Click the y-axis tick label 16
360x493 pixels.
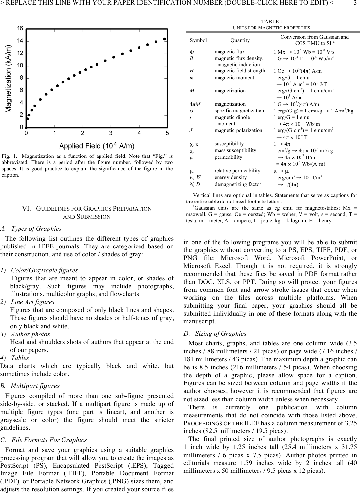20,29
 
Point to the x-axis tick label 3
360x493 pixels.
111,133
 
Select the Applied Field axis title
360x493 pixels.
97,146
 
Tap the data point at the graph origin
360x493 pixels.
26,127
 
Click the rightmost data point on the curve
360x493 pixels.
164,39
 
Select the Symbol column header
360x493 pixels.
198,40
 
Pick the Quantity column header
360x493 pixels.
240,40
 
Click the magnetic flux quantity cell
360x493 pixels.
230,52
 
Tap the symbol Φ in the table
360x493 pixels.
192,52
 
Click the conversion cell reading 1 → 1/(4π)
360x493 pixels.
286,185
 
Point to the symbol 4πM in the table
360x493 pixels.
194,104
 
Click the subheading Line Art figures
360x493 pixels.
32,302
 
